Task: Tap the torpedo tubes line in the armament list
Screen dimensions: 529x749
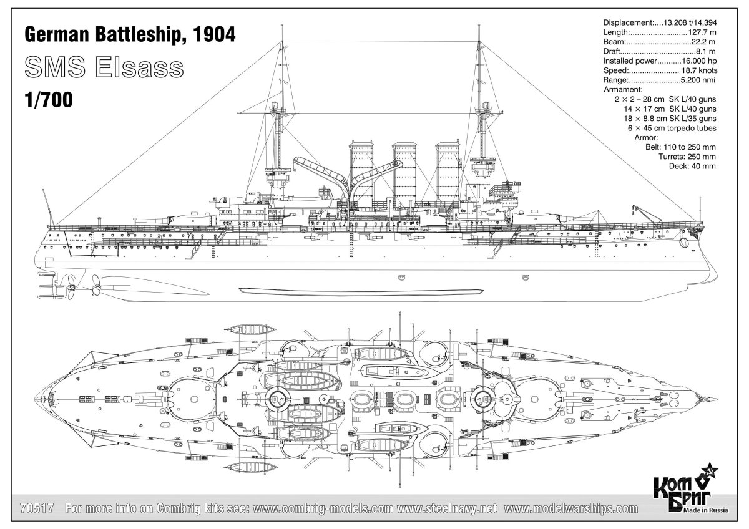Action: pyautogui.click(x=671, y=128)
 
